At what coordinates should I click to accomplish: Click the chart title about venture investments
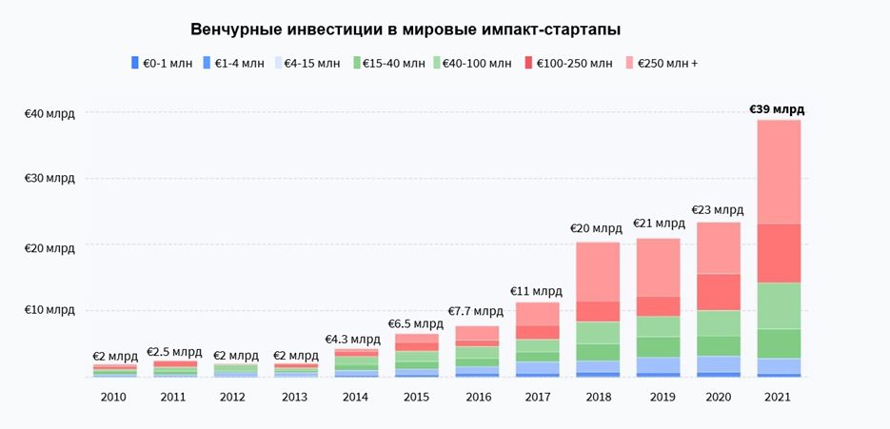[405, 29]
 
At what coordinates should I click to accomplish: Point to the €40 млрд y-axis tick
[49, 113]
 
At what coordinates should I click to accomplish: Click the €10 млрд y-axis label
[49, 310]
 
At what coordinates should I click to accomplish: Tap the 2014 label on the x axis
[356, 396]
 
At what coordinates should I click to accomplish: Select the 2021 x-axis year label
[778, 396]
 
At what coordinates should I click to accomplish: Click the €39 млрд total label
[777, 109]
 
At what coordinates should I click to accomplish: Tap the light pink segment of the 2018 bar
[598, 271]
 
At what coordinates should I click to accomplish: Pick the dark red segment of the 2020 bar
[719, 292]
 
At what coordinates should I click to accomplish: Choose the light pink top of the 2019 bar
[659, 267]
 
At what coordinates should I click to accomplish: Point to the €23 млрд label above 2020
[718, 210]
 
